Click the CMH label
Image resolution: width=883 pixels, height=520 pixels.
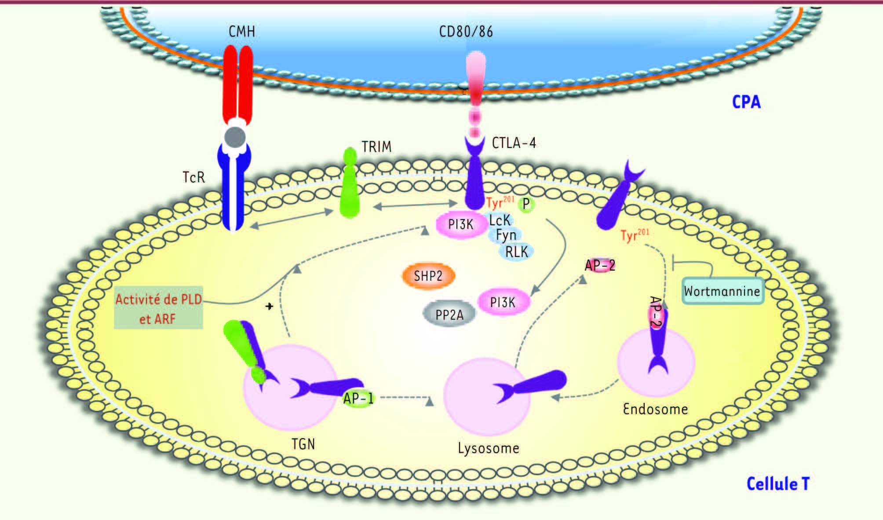coord(242,32)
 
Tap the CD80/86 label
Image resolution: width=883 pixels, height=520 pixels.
coord(466,32)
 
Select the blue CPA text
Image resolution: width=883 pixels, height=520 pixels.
coord(746,102)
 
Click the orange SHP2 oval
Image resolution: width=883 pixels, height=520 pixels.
coord(428,276)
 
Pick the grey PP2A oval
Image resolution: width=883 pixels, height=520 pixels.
coord(449,314)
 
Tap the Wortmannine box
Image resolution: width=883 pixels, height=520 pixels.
coord(722,291)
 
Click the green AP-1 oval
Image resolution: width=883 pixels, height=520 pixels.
coord(358,398)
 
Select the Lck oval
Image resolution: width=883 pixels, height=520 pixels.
coord(500,220)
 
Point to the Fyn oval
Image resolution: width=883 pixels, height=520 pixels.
coord(506,235)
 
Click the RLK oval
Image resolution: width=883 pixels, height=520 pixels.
coord(517,252)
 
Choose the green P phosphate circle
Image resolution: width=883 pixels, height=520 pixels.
coord(526,204)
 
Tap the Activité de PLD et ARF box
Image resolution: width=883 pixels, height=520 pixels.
coord(158,308)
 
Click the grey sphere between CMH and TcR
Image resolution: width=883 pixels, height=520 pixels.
coord(235,137)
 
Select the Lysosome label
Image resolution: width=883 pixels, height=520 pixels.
coord(489,448)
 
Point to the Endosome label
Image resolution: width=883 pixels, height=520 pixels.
coord(655,409)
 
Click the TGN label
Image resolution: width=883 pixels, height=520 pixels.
coord(303,444)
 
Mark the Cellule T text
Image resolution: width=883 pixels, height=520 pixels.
coord(778,484)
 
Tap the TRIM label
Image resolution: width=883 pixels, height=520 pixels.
coord(376,146)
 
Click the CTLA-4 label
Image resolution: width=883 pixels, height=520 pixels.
coord(514,143)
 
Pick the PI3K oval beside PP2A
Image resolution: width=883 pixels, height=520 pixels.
coord(503,302)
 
